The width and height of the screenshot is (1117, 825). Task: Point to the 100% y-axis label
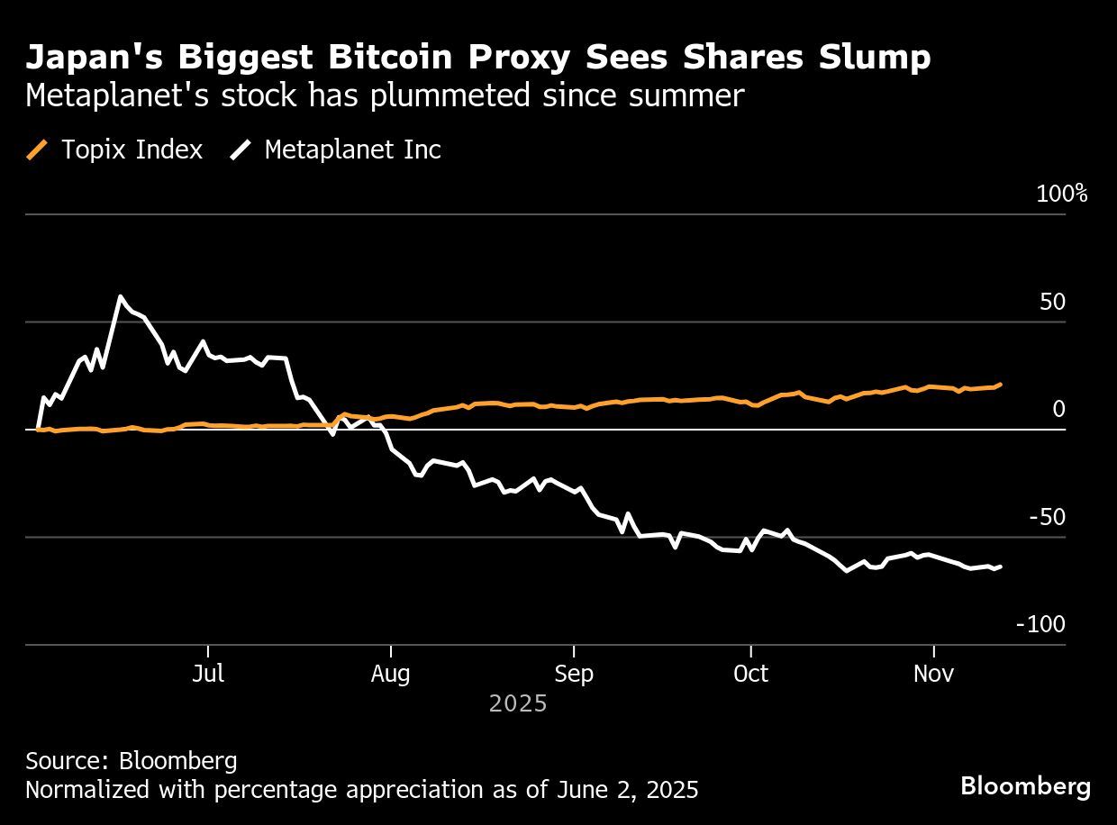coord(1062,194)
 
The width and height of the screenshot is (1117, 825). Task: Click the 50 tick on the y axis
coord(1052,302)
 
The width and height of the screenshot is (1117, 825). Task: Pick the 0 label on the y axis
coord(1058,410)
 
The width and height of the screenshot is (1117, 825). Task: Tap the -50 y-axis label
coord(1047,518)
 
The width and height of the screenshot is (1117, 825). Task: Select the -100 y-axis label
coord(1040,625)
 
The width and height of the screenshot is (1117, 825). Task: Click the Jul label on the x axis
coord(208,674)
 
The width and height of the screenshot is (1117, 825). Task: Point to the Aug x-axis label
coord(390,674)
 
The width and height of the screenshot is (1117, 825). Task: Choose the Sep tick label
coord(574,674)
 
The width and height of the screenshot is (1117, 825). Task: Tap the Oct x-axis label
coord(750,674)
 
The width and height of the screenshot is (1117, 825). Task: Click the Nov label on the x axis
coord(934,674)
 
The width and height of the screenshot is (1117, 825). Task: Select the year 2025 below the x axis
coord(518,703)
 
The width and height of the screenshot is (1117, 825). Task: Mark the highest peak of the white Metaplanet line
coord(120,296)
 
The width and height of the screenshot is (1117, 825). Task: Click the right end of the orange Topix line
coord(1001,384)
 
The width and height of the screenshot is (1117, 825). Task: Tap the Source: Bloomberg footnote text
coord(132,761)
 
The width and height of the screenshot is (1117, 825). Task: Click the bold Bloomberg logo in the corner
coord(1025,786)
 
